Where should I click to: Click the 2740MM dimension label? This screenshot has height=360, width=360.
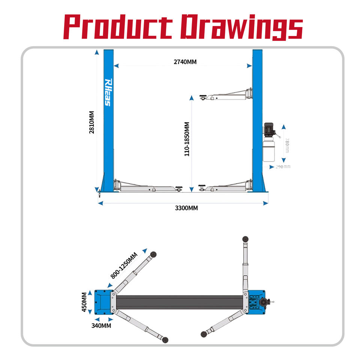(185, 62)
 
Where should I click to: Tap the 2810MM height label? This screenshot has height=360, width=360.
(91, 122)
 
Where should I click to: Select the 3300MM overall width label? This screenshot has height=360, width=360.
(186, 208)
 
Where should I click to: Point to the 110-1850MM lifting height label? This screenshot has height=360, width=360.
(187, 139)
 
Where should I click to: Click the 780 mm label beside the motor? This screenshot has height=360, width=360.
(287, 145)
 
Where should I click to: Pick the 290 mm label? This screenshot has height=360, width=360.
(283, 166)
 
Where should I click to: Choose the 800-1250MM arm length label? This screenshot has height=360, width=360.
(124, 265)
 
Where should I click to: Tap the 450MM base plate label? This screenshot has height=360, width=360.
(84, 302)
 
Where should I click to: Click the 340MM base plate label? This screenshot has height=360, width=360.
(101, 325)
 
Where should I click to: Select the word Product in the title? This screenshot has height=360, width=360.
(117, 27)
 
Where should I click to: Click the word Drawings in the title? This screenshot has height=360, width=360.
(241, 27)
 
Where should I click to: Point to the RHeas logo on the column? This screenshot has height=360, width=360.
(108, 92)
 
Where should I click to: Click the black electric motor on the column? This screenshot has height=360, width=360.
(270, 129)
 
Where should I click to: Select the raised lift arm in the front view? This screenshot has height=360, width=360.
(226, 95)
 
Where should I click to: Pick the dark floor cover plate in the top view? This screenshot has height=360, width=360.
(180, 302)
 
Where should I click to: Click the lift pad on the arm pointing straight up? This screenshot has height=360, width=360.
(245, 239)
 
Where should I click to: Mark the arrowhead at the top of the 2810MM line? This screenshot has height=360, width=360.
(97, 52)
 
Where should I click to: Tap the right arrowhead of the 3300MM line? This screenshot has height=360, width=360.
(265, 203)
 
